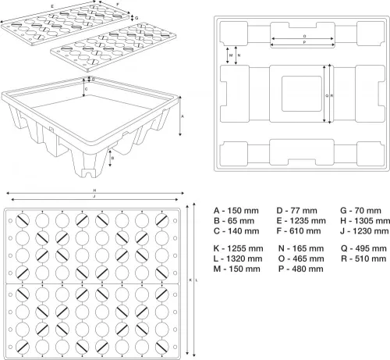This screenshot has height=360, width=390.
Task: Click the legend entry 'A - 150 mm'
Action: tap(236, 211)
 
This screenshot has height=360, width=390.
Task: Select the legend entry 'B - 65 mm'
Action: tap(234, 221)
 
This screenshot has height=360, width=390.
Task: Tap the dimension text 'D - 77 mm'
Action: tap(296, 211)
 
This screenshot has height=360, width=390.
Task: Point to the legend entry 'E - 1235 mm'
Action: tap(301, 221)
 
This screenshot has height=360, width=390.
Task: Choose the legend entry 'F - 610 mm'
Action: tap(299, 231)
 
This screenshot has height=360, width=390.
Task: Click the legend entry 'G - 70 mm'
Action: tap(360, 211)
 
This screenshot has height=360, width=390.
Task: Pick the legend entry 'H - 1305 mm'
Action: tap(365, 221)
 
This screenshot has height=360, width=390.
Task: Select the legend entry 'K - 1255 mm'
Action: tap(238, 248)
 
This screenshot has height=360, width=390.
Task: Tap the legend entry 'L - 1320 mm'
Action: tap(238, 258)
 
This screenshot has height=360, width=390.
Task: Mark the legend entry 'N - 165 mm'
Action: tap(301, 248)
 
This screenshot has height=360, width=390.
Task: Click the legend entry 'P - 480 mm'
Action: tap(301, 269)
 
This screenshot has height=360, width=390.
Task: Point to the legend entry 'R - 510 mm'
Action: tap(363, 258)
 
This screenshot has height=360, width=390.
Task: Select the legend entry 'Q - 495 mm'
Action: tap(363, 248)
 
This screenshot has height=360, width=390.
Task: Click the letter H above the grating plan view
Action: tap(95, 191)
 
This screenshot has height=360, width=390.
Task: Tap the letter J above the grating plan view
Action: tap(94, 197)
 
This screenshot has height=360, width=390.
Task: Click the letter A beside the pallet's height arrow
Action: tap(183, 116)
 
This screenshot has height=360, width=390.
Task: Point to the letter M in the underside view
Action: tap(231, 55)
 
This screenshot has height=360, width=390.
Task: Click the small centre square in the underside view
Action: tap(302, 94)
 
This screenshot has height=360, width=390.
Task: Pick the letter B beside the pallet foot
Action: tap(112, 158)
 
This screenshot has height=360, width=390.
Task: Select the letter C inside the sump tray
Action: tap(87, 89)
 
